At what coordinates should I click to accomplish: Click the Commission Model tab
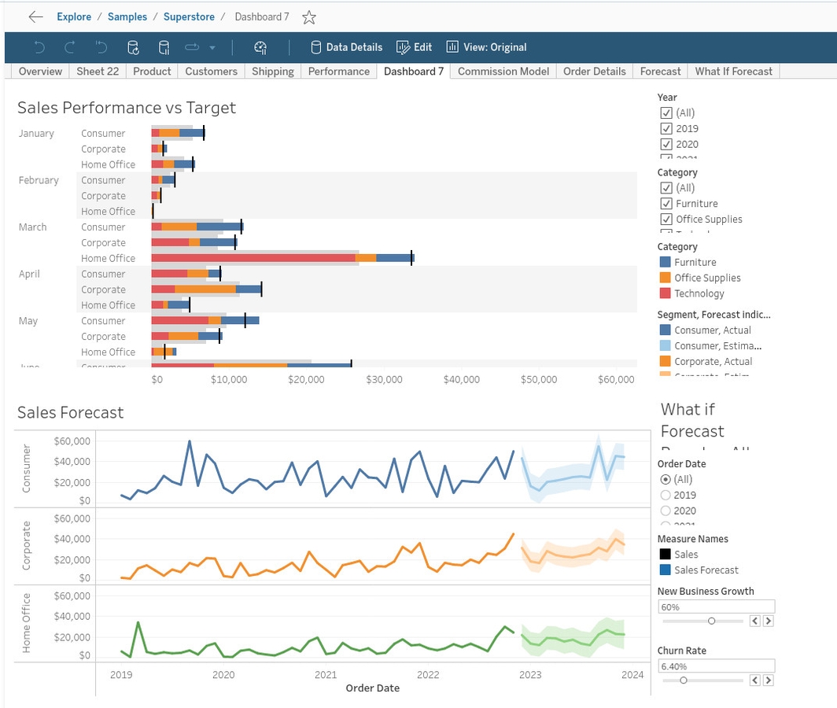click(503, 71)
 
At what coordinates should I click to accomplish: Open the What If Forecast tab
click(733, 71)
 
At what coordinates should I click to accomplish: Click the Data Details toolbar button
click(347, 47)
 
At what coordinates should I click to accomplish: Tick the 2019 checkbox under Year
click(666, 128)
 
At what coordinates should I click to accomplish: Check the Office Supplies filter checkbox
click(666, 219)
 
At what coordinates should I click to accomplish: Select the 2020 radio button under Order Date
click(666, 511)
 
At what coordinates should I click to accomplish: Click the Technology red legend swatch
click(665, 293)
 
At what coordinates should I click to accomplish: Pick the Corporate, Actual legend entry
click(713, 362)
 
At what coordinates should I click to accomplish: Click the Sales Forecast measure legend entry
click(706, 570)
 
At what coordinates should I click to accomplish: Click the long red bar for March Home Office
click(253, 258)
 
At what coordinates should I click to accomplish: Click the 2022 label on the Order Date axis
click(428, 674)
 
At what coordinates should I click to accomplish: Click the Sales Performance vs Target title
click(127, 108)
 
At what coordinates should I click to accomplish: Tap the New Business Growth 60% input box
click(716, 607)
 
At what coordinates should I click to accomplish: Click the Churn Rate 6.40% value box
click(716, 666)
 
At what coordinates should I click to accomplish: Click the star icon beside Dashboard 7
click(309, 17)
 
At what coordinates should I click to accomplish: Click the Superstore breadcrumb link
click(189, 17)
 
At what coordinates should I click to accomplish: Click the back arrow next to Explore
click(35, 17)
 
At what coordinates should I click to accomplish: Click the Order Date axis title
click(372, 688)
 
